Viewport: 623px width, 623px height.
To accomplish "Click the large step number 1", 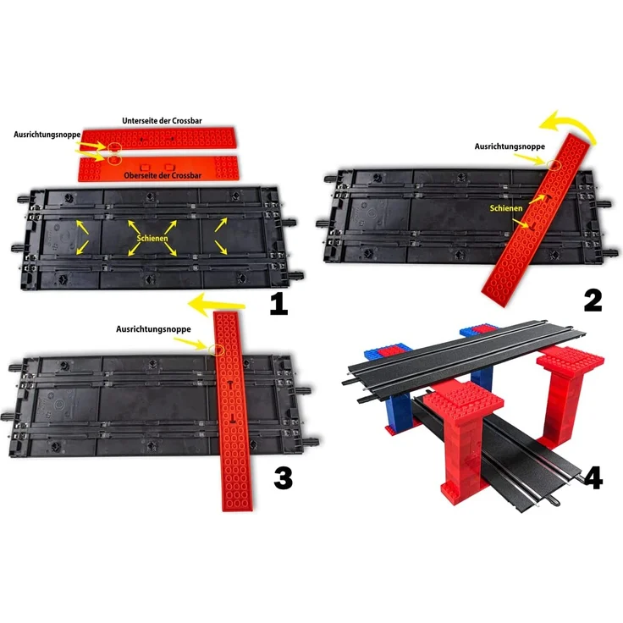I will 278,303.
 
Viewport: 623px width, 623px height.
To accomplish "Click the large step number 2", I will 592,299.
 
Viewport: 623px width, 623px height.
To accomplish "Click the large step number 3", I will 283,478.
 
